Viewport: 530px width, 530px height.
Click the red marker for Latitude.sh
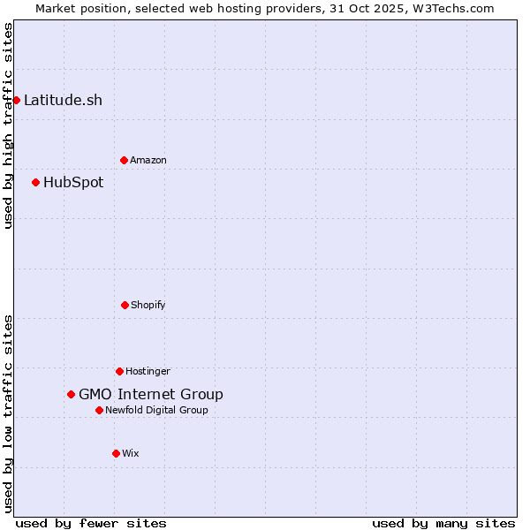(x=16, y=100)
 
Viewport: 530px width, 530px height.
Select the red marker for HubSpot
(x=35, y=182)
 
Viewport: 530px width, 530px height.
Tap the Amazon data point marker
(x=124, y=160)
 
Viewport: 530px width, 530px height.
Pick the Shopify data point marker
(x=125, y=305)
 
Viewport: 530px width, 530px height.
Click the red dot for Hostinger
(x=119, y=371)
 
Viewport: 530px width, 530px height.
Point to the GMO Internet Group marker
(x=71, y=394)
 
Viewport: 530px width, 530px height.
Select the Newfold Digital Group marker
(x=99, y=410)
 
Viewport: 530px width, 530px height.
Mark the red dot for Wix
(x=116, y=453)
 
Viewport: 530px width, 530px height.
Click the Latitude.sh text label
(x=63, y=100)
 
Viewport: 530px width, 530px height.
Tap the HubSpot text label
(x=73, y=183)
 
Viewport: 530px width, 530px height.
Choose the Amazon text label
(x=148, y=160)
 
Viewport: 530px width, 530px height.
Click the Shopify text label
(x=148, y=305)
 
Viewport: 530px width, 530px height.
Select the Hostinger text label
(x=148, y=371)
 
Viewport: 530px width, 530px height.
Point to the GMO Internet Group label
(x=151, y=395)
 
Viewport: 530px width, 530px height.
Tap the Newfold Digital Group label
(x=157, y=410)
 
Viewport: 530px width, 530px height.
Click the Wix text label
(x=131, y=453)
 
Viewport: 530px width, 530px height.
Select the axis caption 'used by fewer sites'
(x=91, y=523)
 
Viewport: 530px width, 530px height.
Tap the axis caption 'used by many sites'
(x=443, y=523)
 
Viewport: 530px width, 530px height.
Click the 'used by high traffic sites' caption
(x=8, y=125)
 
